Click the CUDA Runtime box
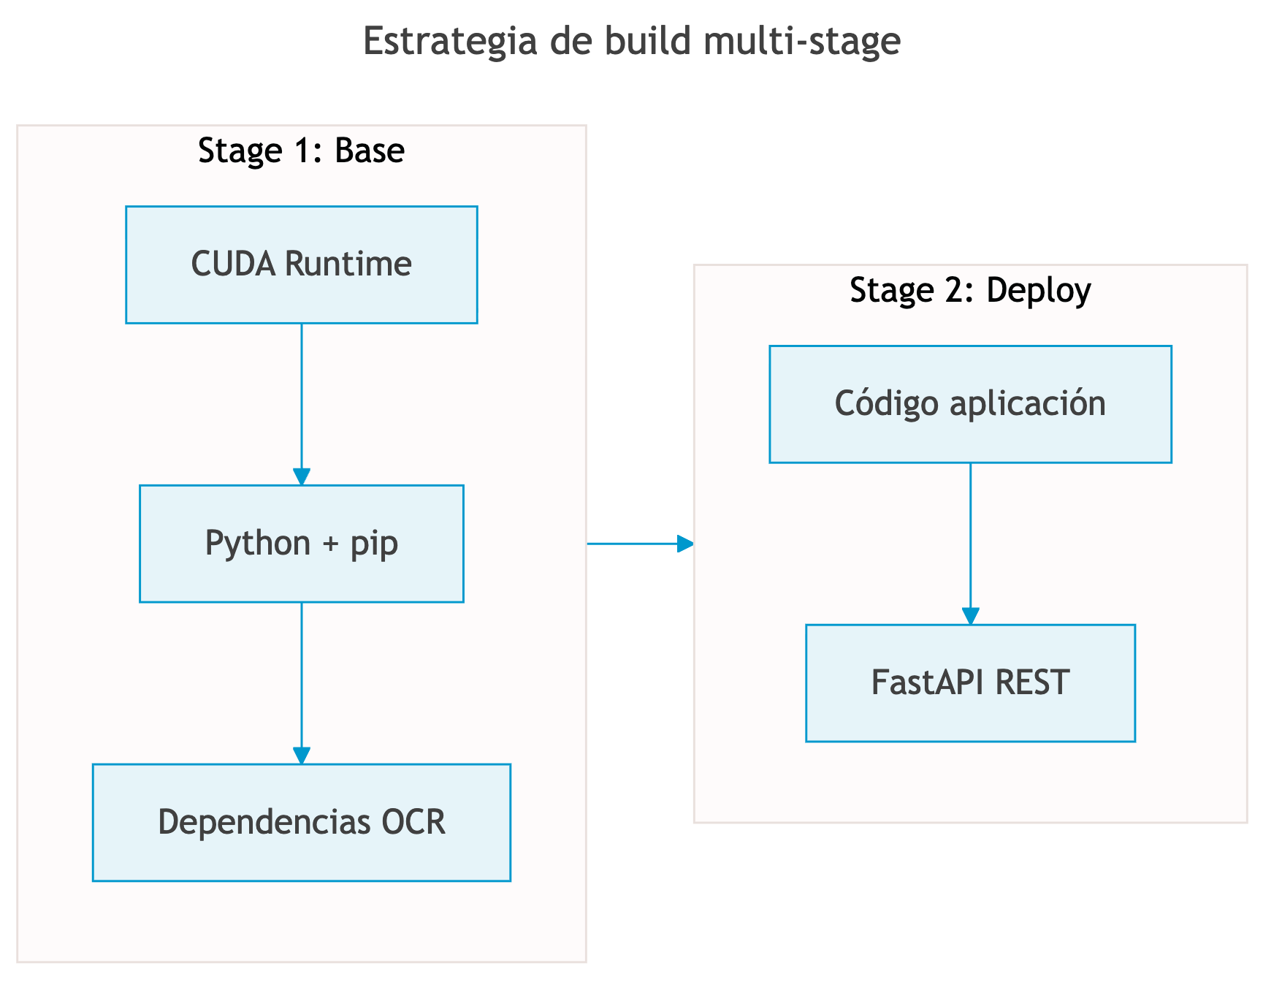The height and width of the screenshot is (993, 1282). tap(301, 265)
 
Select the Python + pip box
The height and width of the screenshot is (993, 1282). tap(301, 544)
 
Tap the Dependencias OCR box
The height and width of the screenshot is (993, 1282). tap(301, 823)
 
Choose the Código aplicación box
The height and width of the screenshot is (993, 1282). tap(970, 404)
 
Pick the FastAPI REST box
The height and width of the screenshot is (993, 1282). tap(970, 683)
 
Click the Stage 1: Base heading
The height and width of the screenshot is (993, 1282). tap(301, 151)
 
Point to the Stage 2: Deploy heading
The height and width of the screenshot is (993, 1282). tap(970, 290)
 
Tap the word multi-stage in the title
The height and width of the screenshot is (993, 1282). tap(802, 41)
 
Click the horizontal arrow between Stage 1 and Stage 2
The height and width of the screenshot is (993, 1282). tap(640, 544)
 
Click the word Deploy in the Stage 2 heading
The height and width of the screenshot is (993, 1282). tap(1038, 291)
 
